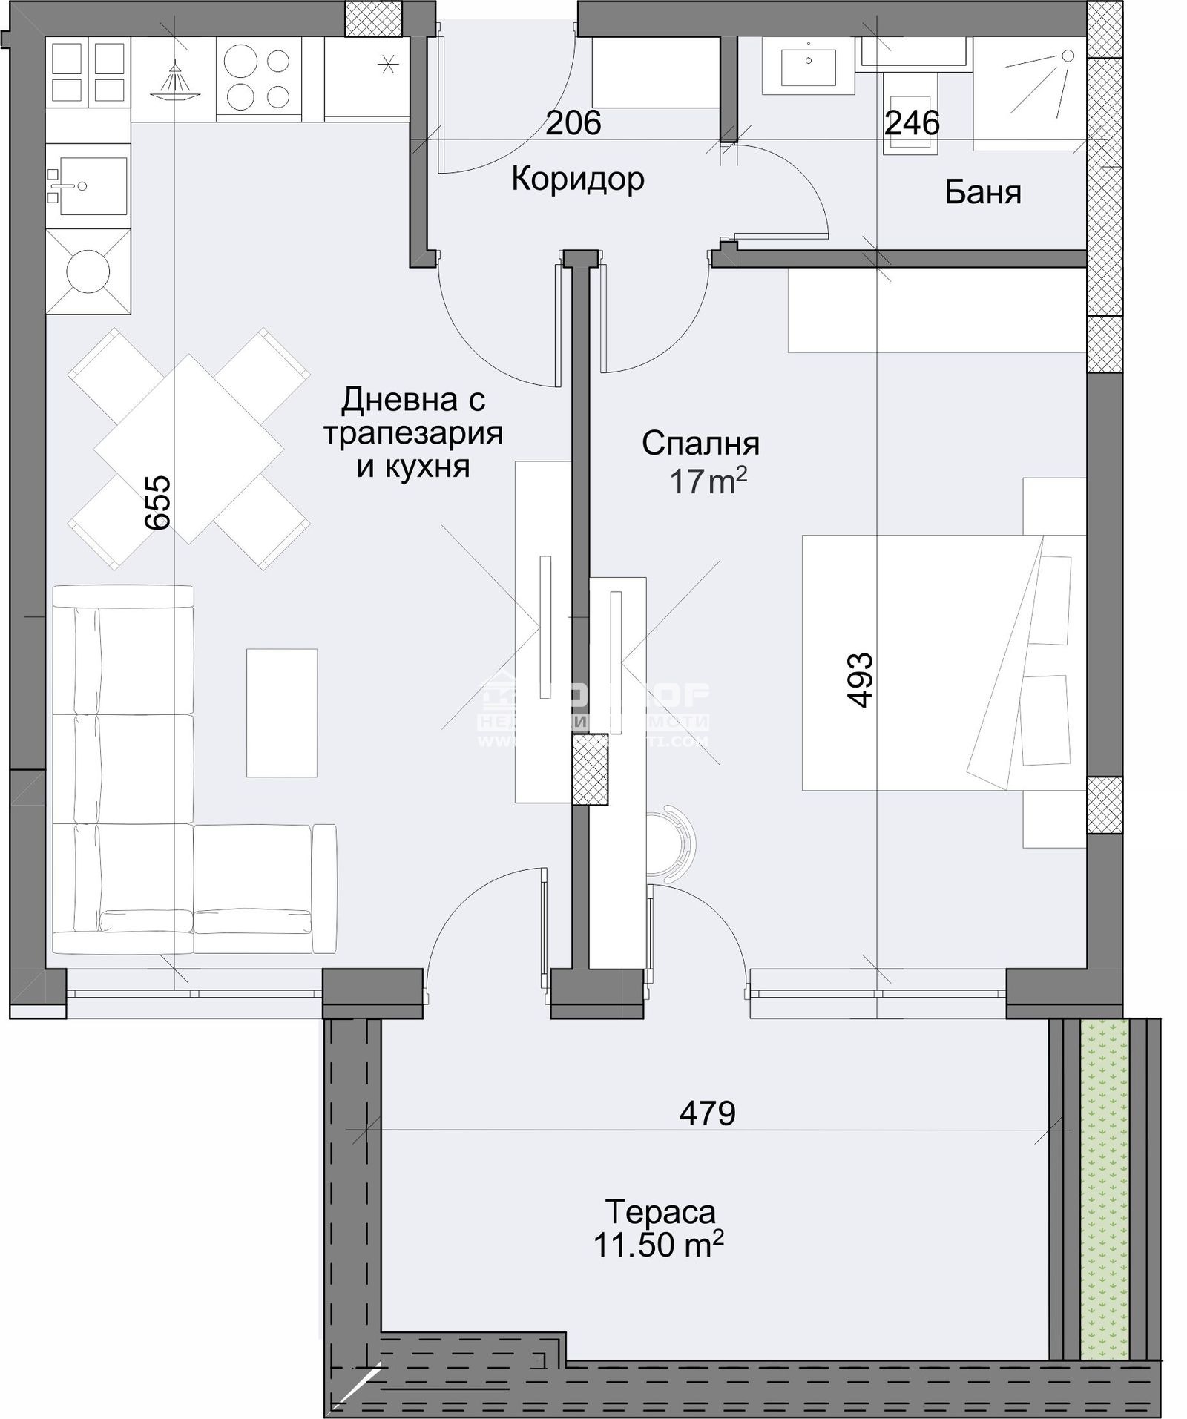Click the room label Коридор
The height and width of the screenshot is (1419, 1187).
coord(577,180)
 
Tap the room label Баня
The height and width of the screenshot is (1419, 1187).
coord(982,192)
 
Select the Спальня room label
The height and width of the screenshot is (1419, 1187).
coord(700,444)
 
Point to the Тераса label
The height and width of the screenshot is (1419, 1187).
coord(660,1213)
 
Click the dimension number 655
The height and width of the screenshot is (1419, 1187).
coord(158,502)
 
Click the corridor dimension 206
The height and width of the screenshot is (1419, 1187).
coord(573,123)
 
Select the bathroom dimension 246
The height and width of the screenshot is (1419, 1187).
coord(912,123)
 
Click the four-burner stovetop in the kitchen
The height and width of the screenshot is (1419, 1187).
coord(257,78)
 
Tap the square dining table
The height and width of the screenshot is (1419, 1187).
coord(188,449)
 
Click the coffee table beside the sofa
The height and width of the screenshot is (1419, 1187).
coord(282,713)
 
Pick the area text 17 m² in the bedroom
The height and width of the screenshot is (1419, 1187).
coord(707,483)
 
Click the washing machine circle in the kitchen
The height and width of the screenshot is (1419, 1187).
coord(88,271)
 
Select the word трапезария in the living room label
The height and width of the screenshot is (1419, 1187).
coord(412,433)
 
